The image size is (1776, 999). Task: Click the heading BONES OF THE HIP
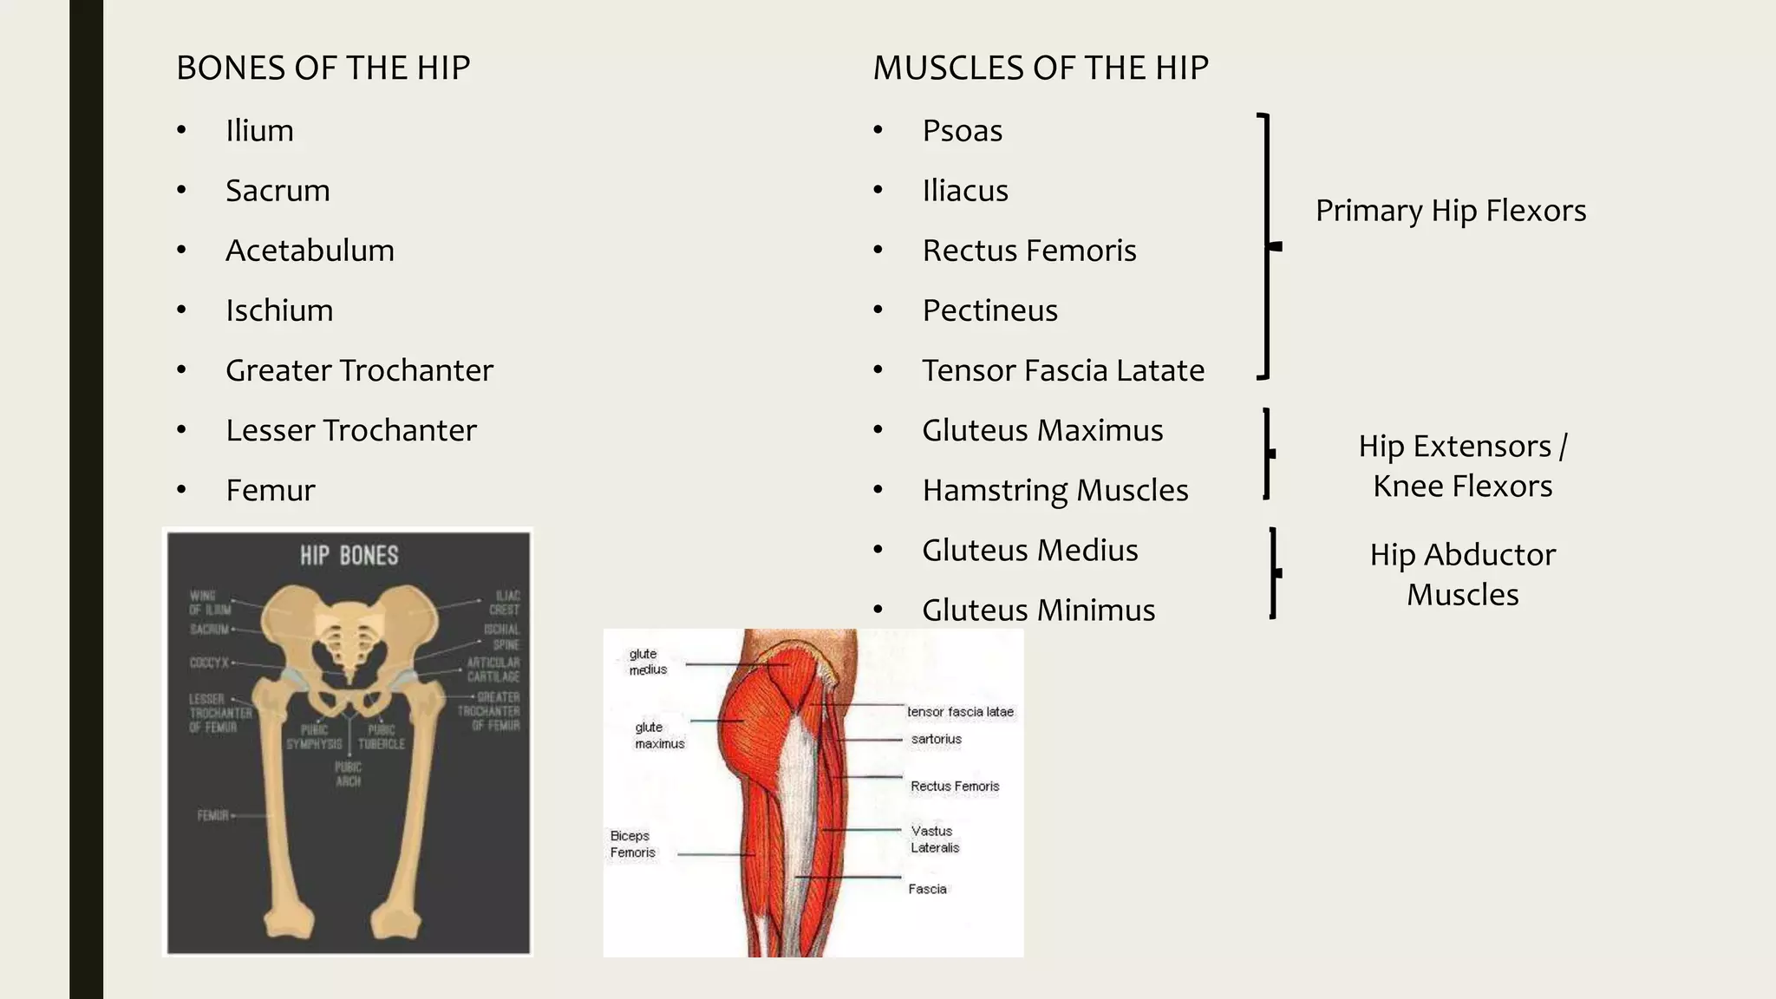click(323, 68)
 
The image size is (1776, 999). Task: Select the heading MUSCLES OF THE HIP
click(1040, 68)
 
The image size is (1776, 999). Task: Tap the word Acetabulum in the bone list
click(310, 251)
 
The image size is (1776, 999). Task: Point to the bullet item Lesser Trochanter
click(350, 430)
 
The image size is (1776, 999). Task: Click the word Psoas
click(962, 131)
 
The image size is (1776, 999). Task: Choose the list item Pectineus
click(989, 310)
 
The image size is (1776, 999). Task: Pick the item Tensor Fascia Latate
click(1062, 370)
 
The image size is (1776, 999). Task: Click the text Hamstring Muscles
click(1054, 490)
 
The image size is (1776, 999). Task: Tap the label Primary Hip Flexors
click(1450, 211)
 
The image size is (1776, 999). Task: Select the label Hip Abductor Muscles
click(1462, 574)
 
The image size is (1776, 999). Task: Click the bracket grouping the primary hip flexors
click(1267, 246)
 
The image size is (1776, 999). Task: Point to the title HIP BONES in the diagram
click(349, 556)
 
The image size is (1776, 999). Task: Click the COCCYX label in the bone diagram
click(209, 663)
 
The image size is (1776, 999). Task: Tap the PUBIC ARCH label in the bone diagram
click(348, 774)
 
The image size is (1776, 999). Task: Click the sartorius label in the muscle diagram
click(936, 740)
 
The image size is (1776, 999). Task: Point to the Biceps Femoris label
click(632, 844)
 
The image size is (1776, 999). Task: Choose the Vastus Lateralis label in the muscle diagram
click(934, 839)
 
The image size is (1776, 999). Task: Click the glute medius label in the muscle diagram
click(647, 662)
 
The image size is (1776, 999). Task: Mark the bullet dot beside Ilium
click(181, 131)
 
